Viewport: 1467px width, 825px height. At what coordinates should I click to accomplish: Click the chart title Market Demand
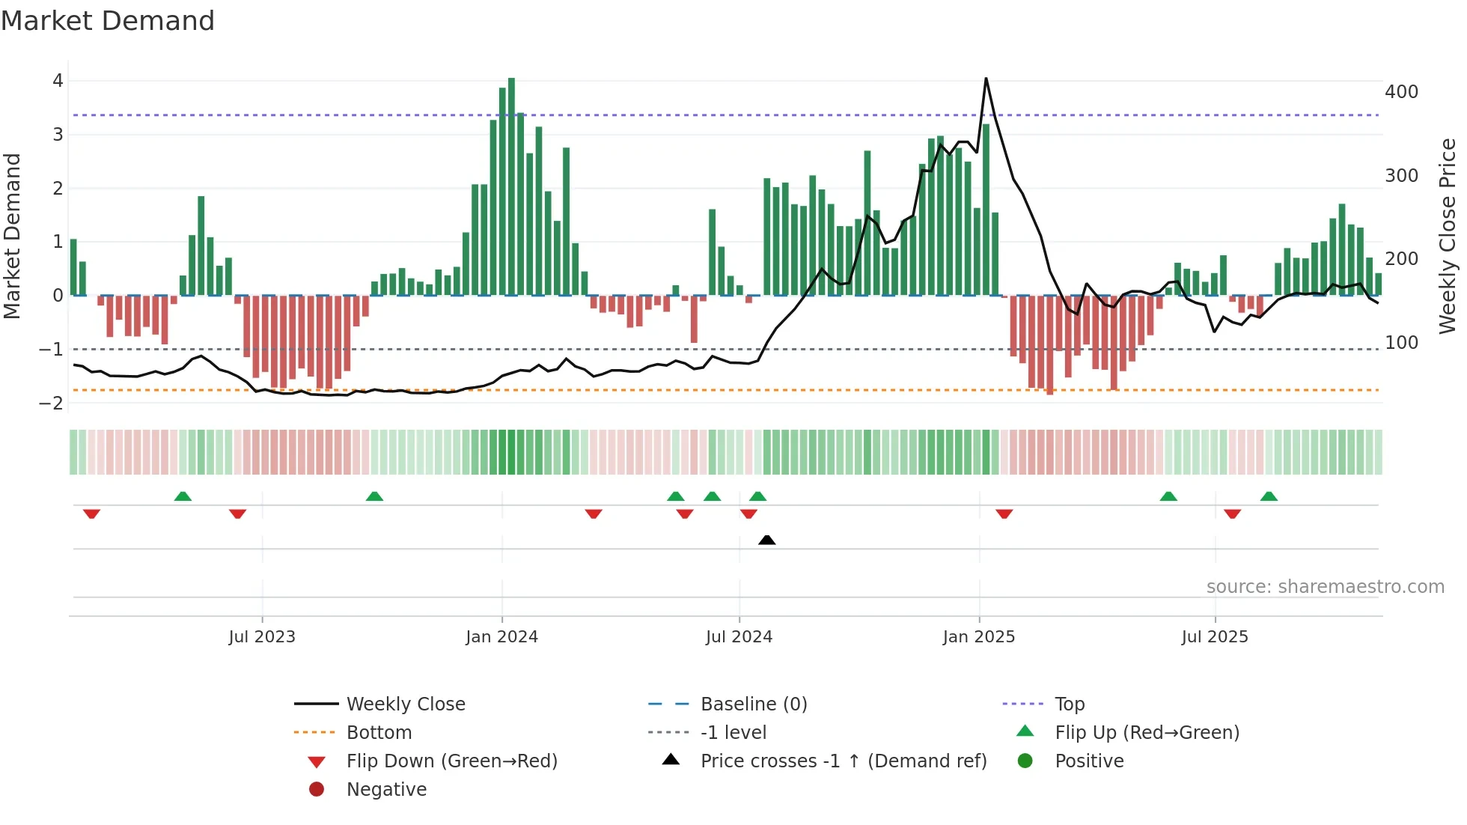108,21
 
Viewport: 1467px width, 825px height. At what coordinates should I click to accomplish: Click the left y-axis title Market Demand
12,236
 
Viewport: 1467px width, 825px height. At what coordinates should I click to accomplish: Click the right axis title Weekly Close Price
1448,236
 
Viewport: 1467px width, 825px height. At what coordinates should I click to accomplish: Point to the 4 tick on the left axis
58,81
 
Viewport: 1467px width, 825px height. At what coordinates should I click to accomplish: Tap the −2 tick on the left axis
52,403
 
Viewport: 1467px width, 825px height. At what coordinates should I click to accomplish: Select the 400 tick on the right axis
1401,92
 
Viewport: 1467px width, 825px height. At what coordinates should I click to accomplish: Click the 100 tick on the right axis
1401,343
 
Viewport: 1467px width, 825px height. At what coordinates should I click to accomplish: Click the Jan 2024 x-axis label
501,637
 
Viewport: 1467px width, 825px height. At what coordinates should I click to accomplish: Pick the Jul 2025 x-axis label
1215,637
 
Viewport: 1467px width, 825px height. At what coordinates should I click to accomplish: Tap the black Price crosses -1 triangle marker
766,540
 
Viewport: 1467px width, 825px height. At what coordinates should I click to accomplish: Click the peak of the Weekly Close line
986,79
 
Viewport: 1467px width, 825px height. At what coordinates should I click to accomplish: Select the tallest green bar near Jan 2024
511,187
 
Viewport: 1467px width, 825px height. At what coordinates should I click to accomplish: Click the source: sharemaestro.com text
1325,587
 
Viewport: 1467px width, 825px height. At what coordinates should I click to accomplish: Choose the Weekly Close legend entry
405,704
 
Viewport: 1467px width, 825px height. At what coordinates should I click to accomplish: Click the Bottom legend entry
379,733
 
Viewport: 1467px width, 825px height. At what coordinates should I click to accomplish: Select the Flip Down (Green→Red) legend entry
451,761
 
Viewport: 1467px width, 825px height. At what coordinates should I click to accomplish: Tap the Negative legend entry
386,790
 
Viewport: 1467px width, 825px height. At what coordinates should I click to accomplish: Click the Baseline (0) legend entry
753,704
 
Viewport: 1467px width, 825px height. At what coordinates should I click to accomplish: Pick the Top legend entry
1069,704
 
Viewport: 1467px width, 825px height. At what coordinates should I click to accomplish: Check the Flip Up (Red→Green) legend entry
1147,733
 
